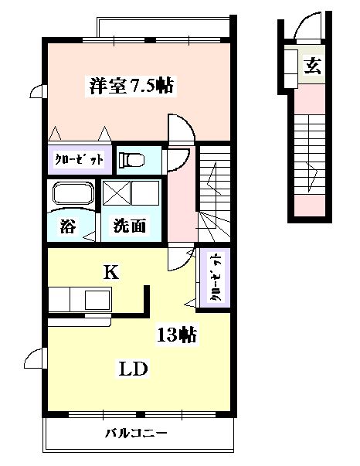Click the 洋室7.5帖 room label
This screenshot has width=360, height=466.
[131, 86]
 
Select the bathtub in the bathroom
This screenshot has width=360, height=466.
[72, 194]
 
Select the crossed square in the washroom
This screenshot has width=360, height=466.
[117, 191]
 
